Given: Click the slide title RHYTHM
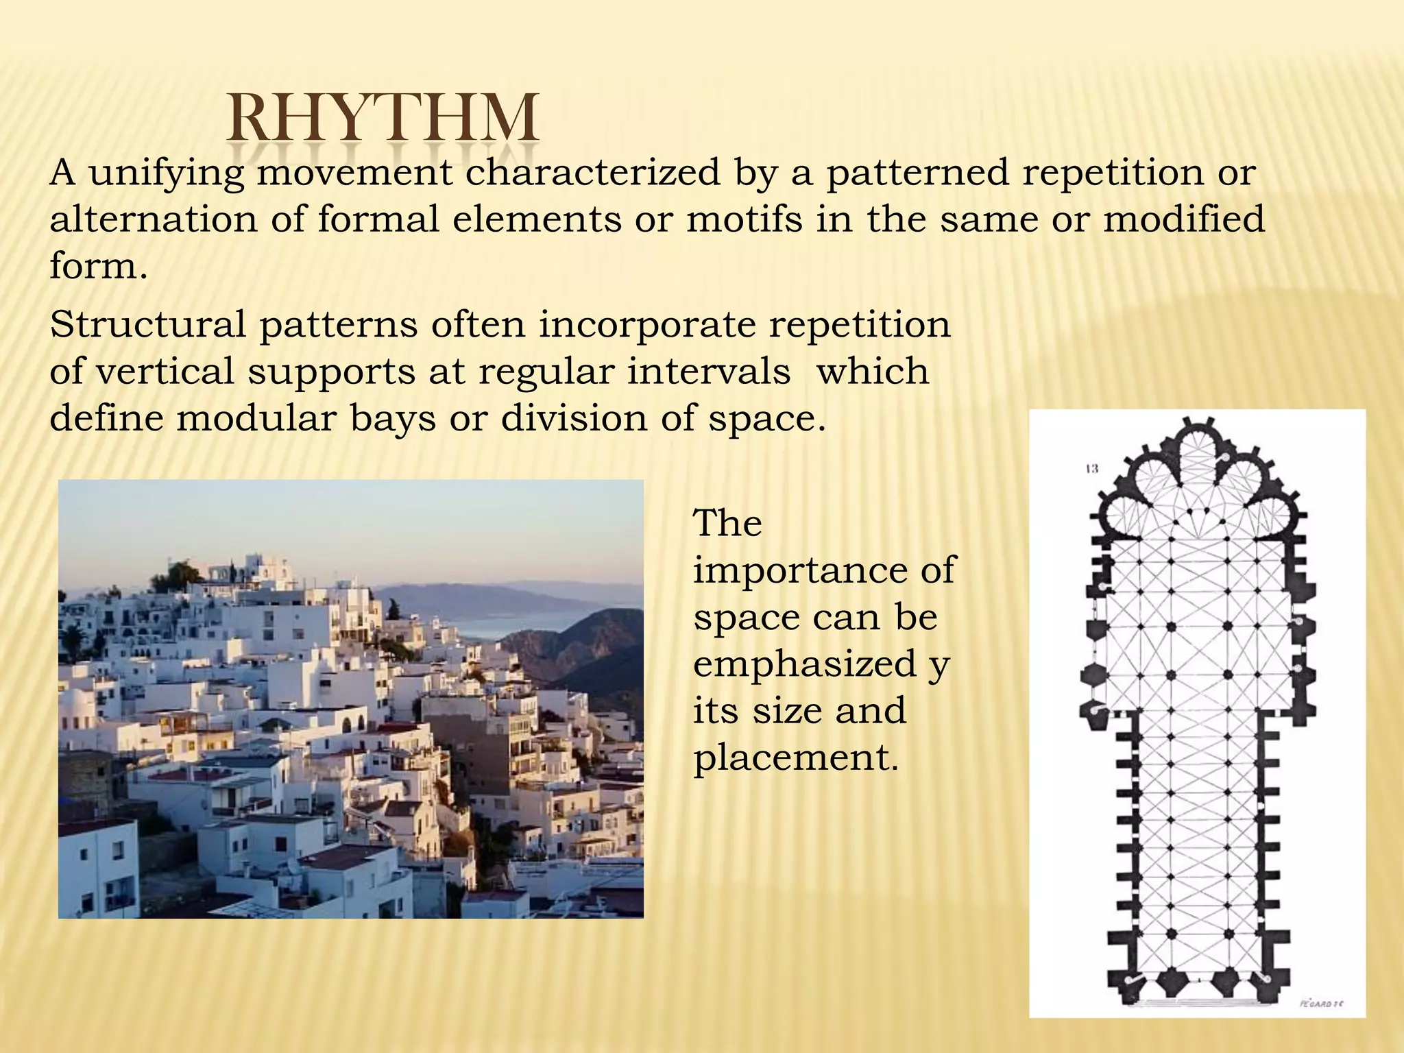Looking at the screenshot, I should (x=383, y=118).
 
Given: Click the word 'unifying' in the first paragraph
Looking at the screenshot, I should (x=167, y=172).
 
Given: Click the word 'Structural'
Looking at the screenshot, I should (x=147, y=324).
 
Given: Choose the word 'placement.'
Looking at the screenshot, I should (x=795, y=758).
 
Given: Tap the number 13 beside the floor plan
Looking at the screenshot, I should (x=1091, y=469).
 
